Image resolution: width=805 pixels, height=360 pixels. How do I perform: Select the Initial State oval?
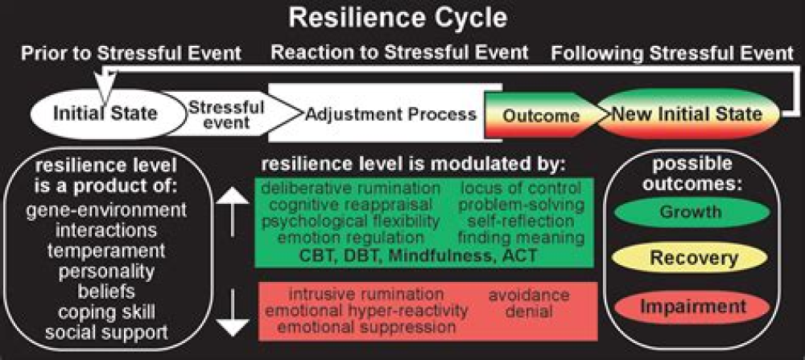105,114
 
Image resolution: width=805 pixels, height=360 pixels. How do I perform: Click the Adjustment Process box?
390,114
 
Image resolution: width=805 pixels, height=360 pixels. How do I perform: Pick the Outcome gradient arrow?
541,114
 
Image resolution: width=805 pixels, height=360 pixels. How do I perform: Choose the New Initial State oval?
686,114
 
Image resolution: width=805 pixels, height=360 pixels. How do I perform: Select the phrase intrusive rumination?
366,294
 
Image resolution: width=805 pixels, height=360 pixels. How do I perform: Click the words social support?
107,331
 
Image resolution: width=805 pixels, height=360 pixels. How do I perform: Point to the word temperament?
107,250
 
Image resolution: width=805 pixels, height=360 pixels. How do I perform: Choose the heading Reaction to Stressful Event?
400,53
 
